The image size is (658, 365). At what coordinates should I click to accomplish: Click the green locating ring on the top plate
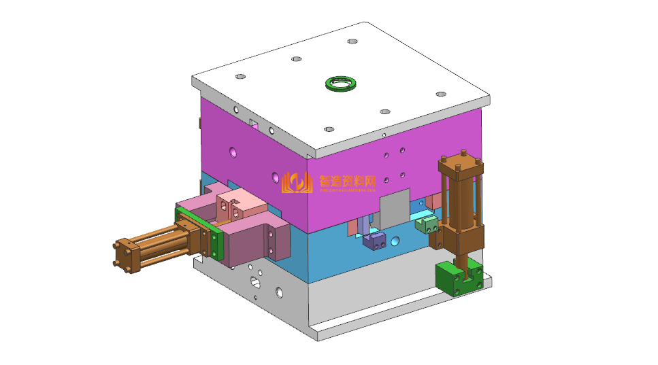click(341, 84)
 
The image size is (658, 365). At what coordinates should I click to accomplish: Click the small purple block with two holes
click(375, 240)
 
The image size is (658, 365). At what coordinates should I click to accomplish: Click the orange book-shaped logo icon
click(297, 182)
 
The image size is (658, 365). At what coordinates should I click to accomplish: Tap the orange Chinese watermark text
click(348, 181)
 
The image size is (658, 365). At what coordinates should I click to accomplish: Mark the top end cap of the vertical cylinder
click(461, 164)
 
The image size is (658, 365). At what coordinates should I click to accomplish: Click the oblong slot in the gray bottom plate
click(256, 281)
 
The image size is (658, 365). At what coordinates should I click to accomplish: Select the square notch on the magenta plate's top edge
click(253, 124)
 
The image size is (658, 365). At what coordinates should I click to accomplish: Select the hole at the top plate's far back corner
click(352, 41)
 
